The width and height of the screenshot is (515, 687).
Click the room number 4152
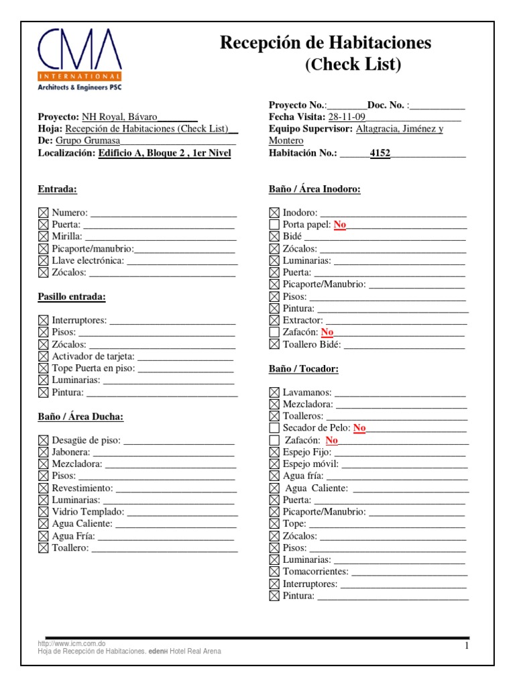tap(380, 154)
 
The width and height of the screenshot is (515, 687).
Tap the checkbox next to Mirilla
tap(44, 236)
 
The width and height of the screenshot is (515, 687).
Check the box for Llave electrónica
tap(44, 260)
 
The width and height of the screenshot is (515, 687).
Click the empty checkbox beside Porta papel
tap(274, 225)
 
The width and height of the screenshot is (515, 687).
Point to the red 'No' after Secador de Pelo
tap(359, 428)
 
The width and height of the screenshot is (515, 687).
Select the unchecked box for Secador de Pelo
tap(274, 428)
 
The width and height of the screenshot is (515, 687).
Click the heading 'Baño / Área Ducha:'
tap(80, 417)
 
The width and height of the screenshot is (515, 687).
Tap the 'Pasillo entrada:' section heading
tap(72, 297)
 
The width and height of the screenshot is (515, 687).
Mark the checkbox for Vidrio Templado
tap(44, 512)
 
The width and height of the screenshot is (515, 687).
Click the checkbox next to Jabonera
tap(44, 452)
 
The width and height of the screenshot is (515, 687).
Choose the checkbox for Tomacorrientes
tap(274, 572)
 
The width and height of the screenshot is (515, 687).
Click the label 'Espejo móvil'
tap(310, 464)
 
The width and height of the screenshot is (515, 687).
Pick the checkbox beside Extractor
tap(274, 321)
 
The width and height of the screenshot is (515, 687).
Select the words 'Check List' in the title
tap(353, 65)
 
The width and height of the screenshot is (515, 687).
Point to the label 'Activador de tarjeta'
tap(93, 356)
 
